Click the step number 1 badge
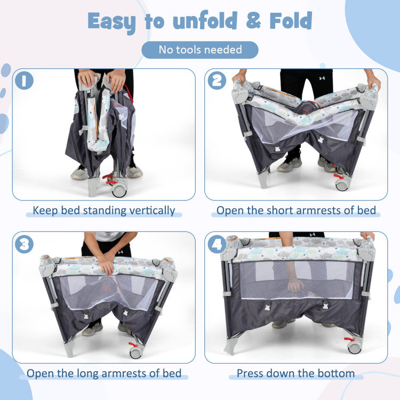click(x=24, y=81)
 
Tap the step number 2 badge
click(x=217, y=81)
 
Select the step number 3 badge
click(x=24, y=244)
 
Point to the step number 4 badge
click(x=217, y=244)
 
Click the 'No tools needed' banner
click(x=200, y=50)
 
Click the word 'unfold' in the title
click(x=205, y=20)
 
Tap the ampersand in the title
click(x=253, y=20)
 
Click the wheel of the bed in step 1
click(x=119, y=191)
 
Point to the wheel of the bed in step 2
click(x=341, y=185)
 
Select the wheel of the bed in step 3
click(x=135, y=353)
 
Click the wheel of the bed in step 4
click(x=354, y=347)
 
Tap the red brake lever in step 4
click(x=349, y=339)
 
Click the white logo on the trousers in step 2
click(x=322, y=78)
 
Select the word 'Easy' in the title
click(x=111, y=22)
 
